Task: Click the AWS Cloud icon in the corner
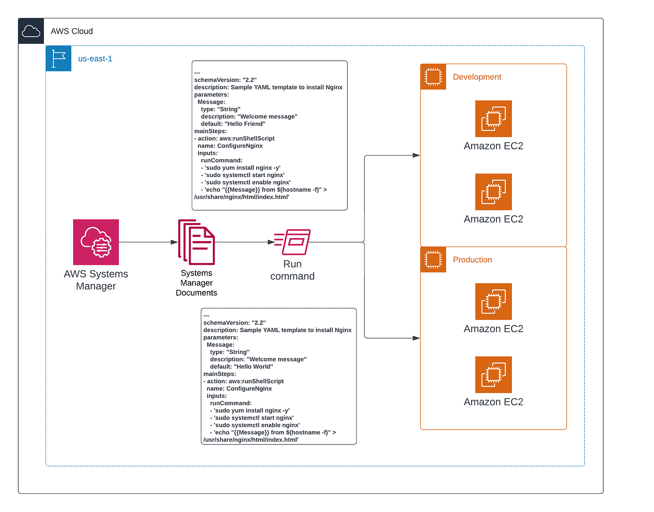[x=31, y=31]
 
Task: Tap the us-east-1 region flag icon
[x=58, y=59]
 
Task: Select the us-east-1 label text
[x=95, y=59]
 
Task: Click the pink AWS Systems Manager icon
[x=96, y=242]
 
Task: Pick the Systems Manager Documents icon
[x=196, y=242]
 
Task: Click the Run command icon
[x=293, y=242]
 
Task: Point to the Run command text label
[x=292, y=270]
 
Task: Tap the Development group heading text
[x=477, y=77]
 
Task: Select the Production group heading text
[x=472, y=260]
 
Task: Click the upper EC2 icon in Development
[x=493, y=119]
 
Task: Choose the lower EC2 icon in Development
[x=493, y=192]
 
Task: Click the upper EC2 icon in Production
[x=493, y=302]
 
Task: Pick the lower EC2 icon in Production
[x=493, y=375]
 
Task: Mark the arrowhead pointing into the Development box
[x=417, y=156]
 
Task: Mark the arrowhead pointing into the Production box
[x=417, y=338]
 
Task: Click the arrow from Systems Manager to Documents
[x=147, y=242]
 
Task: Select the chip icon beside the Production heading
[x=433, y=260]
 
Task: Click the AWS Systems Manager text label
[x=96, y=280]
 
